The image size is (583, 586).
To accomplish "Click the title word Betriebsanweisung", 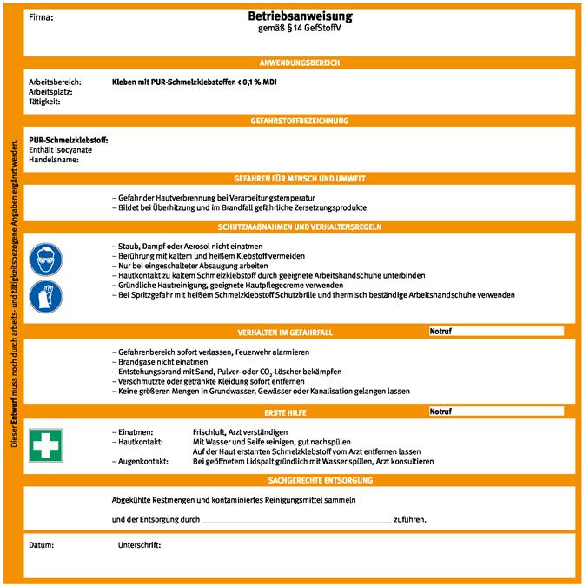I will [300, 16].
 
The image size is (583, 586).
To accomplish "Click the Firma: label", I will [41, 16].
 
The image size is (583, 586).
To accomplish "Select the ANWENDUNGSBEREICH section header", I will [300, 63].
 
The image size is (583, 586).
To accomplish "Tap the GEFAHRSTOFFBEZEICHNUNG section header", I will [300, 121].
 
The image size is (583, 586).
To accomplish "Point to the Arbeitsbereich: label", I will [55, 82].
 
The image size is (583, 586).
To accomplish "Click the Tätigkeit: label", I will [45, 102].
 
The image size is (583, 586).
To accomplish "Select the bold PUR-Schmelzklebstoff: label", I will [68, 140].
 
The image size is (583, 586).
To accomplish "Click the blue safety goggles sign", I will [46, 260].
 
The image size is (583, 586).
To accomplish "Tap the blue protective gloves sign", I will [46, 297].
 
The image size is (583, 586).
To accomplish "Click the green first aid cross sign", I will [46, 444].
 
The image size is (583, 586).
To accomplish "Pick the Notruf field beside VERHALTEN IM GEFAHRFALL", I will [495, 332].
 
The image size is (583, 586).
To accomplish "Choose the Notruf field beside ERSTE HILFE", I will [495, 412].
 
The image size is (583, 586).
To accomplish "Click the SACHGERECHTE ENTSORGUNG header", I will [300, 479].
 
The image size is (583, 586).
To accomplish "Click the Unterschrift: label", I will [139, 545].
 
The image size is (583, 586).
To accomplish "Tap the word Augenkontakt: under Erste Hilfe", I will [144, 461].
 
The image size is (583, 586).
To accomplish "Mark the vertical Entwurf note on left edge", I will [12, 295].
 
